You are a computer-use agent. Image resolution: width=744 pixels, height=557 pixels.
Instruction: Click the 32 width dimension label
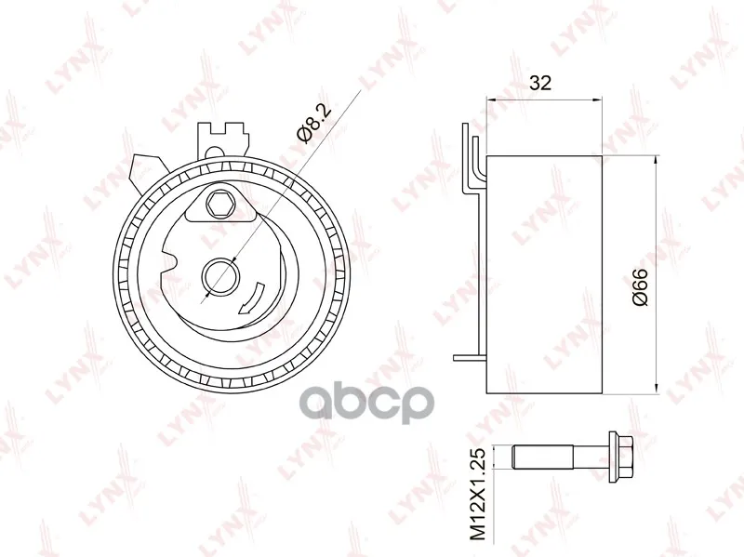[540, 83]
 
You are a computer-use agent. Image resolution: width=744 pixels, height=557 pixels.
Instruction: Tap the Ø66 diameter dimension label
[641, 287]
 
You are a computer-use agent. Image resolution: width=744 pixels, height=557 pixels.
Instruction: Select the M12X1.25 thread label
[479, 495]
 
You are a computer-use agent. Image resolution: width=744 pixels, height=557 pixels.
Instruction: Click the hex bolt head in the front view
[219, 204]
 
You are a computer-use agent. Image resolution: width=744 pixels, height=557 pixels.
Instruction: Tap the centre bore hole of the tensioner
[220, 276]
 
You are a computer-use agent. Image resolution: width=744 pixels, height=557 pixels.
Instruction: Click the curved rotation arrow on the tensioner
[251, 298]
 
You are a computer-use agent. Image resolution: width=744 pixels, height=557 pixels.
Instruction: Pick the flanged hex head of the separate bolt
[620, 456]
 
